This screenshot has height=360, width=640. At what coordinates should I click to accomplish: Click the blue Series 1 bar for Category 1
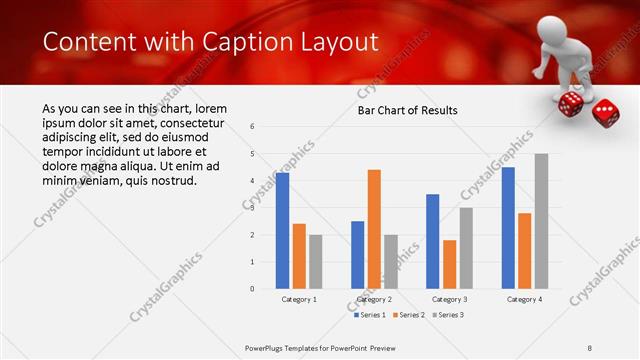tap(282, 230)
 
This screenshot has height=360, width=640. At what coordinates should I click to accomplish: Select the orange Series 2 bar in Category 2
tap(374, 229)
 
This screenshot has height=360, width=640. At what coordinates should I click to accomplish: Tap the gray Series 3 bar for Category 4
tap(541, 221)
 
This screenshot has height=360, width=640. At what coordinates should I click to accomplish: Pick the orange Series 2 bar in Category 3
tap(449, 264)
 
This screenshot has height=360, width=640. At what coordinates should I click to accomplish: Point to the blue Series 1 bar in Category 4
tap(508, 228)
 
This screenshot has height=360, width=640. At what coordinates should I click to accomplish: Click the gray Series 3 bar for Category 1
tap(316, 261)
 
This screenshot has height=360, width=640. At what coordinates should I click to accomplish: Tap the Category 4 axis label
tap(524, 299)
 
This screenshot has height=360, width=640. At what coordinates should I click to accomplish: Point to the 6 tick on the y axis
tap(253, 127)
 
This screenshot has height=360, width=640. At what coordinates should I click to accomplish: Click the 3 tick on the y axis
tap(253, 208)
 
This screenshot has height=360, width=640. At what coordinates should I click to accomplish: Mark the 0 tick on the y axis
tap(253, 289)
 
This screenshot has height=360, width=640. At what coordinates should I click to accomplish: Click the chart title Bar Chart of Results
tap(407, 109)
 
